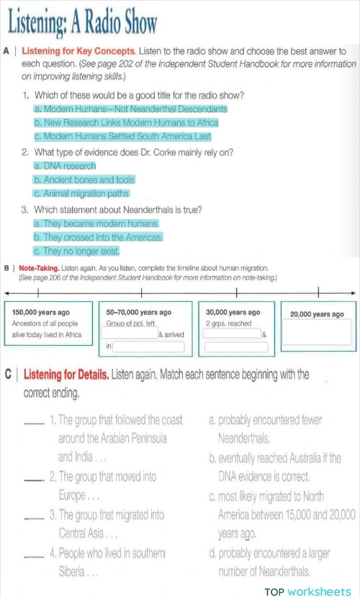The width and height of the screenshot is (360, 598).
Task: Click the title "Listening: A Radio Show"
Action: tap(81, 24)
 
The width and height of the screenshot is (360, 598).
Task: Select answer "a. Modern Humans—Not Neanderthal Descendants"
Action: tap(130, 109)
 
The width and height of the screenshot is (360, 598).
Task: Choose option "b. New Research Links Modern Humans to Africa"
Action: tap(126, 122)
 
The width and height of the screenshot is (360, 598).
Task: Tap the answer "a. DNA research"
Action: tap(64, 166)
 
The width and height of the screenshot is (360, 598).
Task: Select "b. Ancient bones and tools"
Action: tap(84, 179)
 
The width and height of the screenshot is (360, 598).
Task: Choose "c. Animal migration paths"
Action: tap(81, 193)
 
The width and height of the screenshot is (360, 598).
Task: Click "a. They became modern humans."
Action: tap(96, 223)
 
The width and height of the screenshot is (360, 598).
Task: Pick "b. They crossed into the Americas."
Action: tap(98, 237)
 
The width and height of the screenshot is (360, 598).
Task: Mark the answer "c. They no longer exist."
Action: tap(76, 251)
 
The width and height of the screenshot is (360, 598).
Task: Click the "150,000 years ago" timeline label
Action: tap(41, 313)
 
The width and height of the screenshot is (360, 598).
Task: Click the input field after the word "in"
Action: tap(148, 347)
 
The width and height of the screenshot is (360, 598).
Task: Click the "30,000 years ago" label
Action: tap(233, 313)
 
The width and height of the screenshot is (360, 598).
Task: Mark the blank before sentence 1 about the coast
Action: tap(34, 422)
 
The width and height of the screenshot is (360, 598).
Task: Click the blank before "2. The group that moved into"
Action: tap(34, 479)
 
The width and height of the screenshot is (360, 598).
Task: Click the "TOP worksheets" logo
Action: tap(307, 592)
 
